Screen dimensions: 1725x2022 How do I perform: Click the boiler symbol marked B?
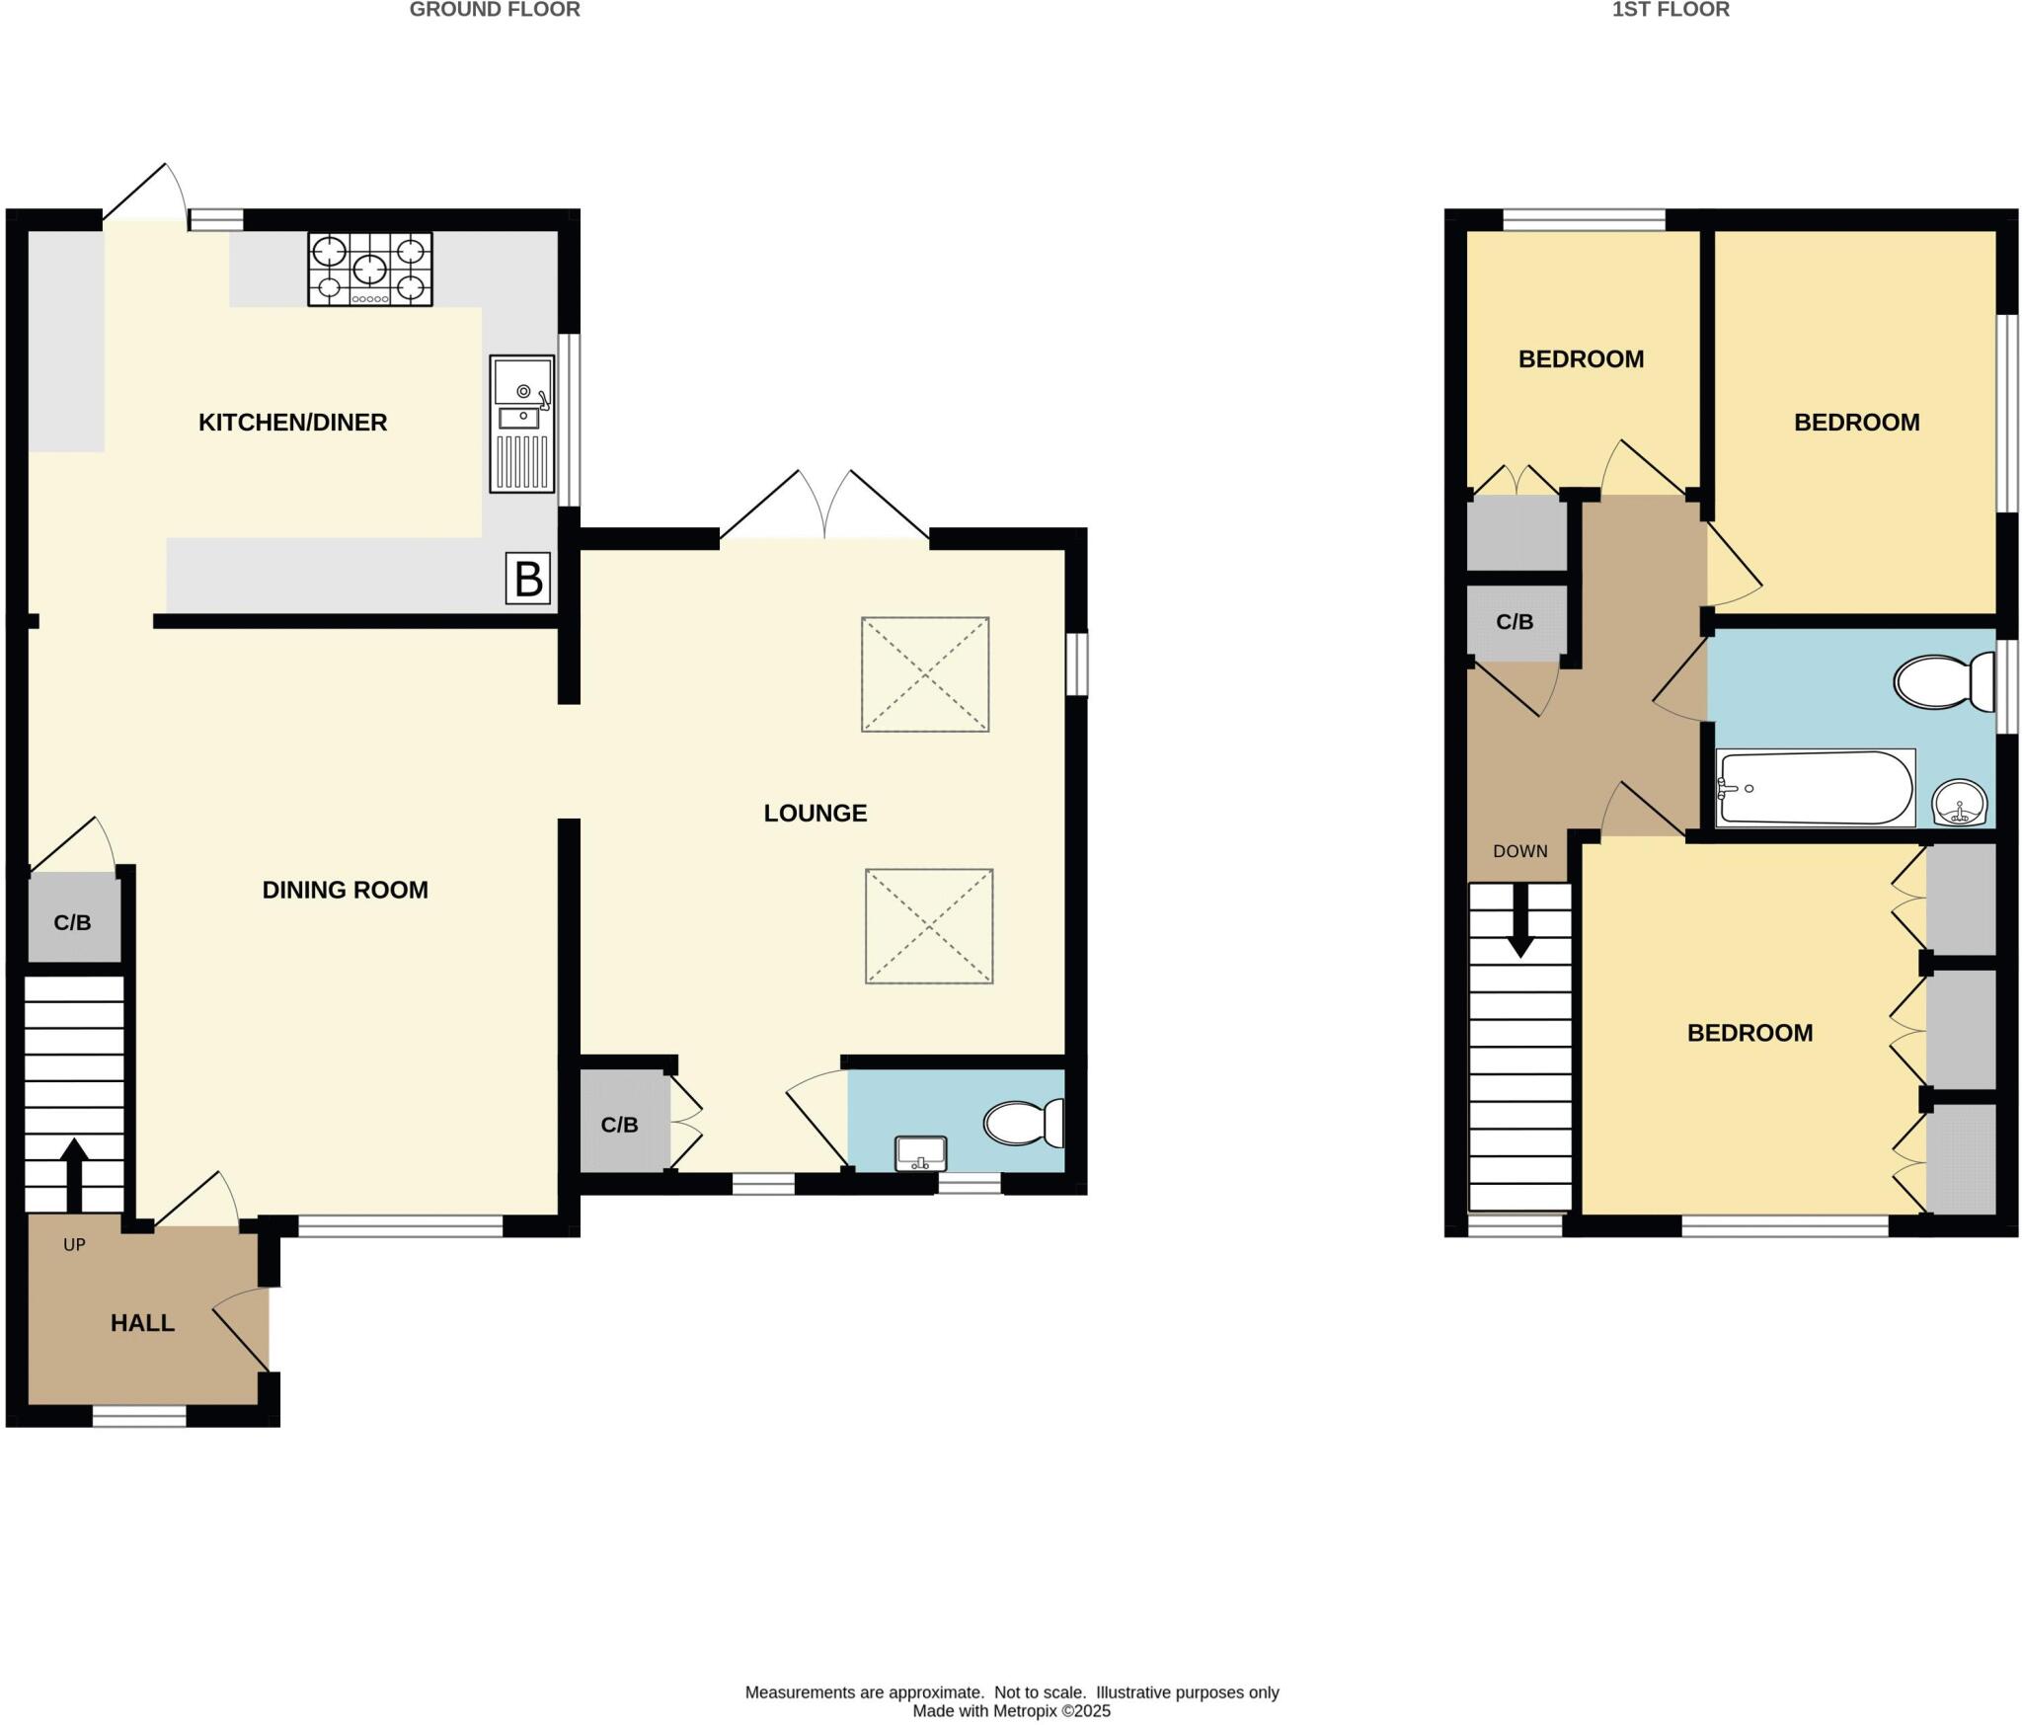(x=528, y=579)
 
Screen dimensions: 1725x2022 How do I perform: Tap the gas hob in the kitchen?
(x=370, y=269)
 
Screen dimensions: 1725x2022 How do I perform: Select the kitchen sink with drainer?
(x=522, y=424)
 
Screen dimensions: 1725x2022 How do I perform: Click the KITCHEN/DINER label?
(x=292, y=423)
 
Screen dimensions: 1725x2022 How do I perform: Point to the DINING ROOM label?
(x=345, y=890)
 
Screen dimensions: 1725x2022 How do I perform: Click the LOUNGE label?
(x=815, y=813)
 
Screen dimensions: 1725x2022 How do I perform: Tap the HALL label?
(x=142, y=1323)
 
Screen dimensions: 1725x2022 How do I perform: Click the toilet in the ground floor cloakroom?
(x=1023, y=1123)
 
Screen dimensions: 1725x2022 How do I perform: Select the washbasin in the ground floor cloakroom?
(x=920, y=1153)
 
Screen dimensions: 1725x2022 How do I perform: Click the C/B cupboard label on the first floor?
(x=1515, y=622)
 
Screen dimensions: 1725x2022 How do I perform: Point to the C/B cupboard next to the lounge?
(x=620, y=1124)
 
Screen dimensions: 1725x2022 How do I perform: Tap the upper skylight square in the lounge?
(x=925, y=674)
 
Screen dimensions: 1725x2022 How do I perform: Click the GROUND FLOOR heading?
(x=495, y=10)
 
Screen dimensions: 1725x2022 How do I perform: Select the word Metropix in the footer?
(x=1022, y=1711)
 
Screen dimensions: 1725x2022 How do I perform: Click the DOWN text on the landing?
(x=1519, y=851)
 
